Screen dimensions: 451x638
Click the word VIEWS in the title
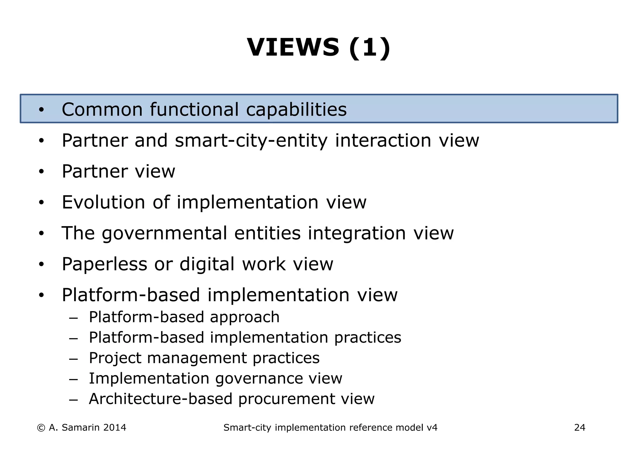tap(293, 47)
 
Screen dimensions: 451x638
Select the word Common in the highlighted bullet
tap(102, 109)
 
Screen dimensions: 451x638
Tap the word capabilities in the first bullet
tap(296, 110)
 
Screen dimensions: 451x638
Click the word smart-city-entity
tap(251, 141)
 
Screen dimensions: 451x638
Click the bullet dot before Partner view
tap(41, 172)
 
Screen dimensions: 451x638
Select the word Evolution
tap(103, 202)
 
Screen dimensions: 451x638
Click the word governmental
tap(164, 234)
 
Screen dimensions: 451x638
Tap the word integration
tap(357, 234)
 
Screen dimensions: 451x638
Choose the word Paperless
tap(104, 264)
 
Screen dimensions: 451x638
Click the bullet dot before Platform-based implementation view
tap(41, 295)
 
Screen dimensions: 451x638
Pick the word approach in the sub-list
tap(245, 317)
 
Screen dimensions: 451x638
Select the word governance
tap(258, 379)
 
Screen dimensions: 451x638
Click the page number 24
tap(579, 428)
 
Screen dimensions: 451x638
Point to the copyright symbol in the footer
tap(40, 428)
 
